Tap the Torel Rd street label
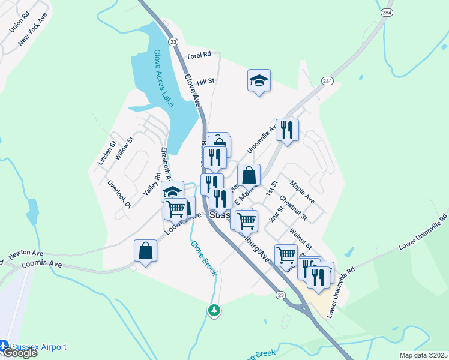(x=199, y=55)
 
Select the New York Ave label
(x=32, y=31)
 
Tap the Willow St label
(x=124, y=148)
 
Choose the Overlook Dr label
(x=119, y=194)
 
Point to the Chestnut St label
(x=293, y=208)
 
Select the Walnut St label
(x=300, y=237)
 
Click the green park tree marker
(x=214, y=310)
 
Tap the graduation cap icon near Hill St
(x=259, y=81)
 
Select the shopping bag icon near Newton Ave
(x=145, y=251)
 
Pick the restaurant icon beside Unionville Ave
(x=287, y=130)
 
